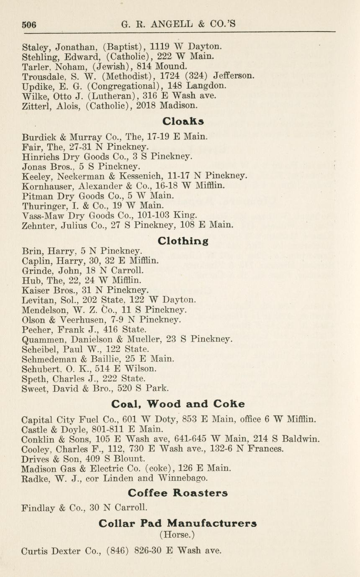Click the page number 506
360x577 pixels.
click(x=29, y=24)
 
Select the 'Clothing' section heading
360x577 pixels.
click(x=183, y=241)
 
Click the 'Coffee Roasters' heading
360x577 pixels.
click(x=177, y=492)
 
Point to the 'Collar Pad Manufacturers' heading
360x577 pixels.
click(x=177, y=523)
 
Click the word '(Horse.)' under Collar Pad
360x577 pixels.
click(x=177, y=535)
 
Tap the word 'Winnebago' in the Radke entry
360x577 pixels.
click(x=185, y=478)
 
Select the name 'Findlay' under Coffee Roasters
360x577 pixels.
click(x=37, y=508)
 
